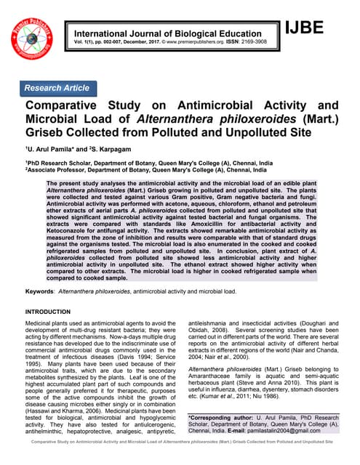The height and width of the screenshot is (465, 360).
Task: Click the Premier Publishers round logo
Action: tap(33, 37)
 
